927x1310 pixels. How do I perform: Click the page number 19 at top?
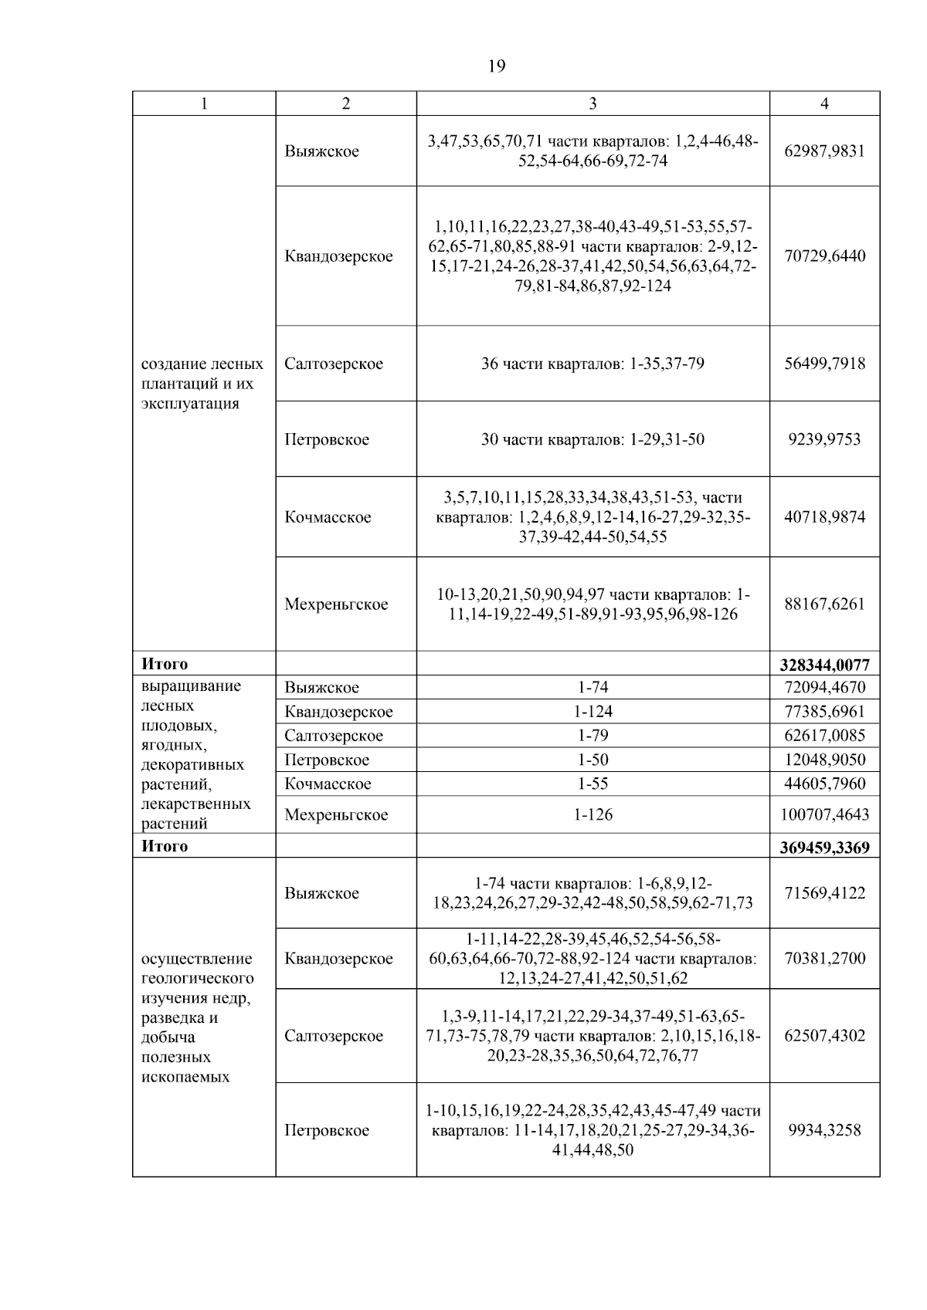click(497, 66)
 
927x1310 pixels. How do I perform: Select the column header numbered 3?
click(593, 103)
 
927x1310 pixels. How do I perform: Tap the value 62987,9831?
click(824, 151)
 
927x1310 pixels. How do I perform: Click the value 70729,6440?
click(824, 256)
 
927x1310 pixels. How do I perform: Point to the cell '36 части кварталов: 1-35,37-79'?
click(593, 363)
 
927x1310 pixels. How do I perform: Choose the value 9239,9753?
click(824, 439)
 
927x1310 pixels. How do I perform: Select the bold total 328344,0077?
click(824, 665)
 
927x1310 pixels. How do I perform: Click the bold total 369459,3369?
click(824, 848)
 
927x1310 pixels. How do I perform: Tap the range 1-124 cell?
click(593, 711)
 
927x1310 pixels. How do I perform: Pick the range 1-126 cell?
click(593, 814)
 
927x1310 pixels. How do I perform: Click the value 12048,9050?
click(824, 760)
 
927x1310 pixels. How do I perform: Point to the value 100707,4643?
click(824, 814)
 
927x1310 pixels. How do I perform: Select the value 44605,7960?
click(824, 784)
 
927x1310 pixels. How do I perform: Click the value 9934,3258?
click(824, 1130)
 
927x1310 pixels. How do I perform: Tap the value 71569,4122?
click(824, 893)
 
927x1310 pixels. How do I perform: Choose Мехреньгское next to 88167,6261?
click(336, 604)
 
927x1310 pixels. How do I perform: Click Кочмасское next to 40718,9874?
click(328, 516)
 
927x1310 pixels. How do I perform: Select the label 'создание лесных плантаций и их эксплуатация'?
click(202, 384)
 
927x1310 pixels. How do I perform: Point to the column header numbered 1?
click(204, 103)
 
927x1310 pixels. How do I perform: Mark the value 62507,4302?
click(824, 1035)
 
